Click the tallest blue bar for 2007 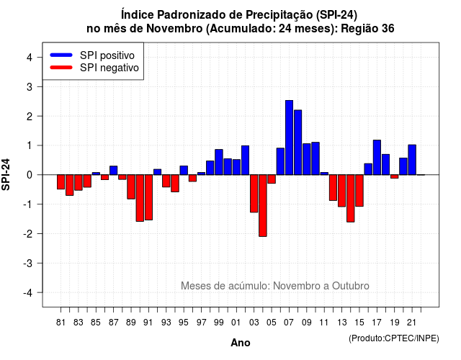pos(289,138)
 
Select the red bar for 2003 pos(254,194)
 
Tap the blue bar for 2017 pos(377,158)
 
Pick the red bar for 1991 pos(149,197)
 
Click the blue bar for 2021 pos(412,160)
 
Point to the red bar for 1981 pos(61,182)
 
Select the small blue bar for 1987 pos(114,171)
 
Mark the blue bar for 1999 pos(219,162)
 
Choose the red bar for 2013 pos(341,191)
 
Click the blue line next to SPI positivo pos(61,55)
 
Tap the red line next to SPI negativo pos(61,67)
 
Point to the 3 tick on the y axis pos(40,86)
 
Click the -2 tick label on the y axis pos(28,233)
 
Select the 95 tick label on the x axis pos(184,323)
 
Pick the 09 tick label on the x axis pos(306,323)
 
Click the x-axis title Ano pos(241,343)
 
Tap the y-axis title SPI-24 pos(6,174)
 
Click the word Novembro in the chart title pos(174,29)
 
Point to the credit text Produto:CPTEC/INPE pos(394,338)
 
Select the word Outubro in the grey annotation pos(351,286)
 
